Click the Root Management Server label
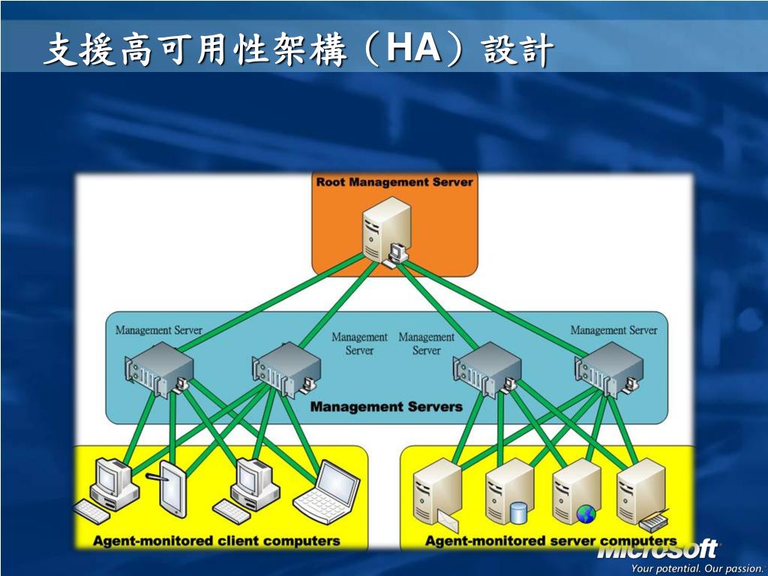[x=394, y=182]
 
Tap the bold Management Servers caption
[x=386, y=406]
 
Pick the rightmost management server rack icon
[x=609, y=368]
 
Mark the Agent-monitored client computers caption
[x=216, y=541]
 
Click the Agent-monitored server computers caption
[x=550, y=541]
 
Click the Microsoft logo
[x=658, y=550]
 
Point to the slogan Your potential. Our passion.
[x=697, y=568]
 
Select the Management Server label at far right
[x=613, y=330]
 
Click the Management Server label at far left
[x=158, y=330]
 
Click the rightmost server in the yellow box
[x=642, y=493]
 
